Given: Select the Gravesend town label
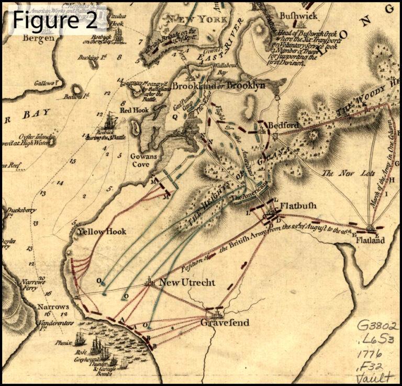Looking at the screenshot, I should pos(225,323).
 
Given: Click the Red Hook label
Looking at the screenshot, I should pos(135,110).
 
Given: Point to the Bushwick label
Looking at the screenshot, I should pos(298,16).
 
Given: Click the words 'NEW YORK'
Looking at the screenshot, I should pos(196,19).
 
